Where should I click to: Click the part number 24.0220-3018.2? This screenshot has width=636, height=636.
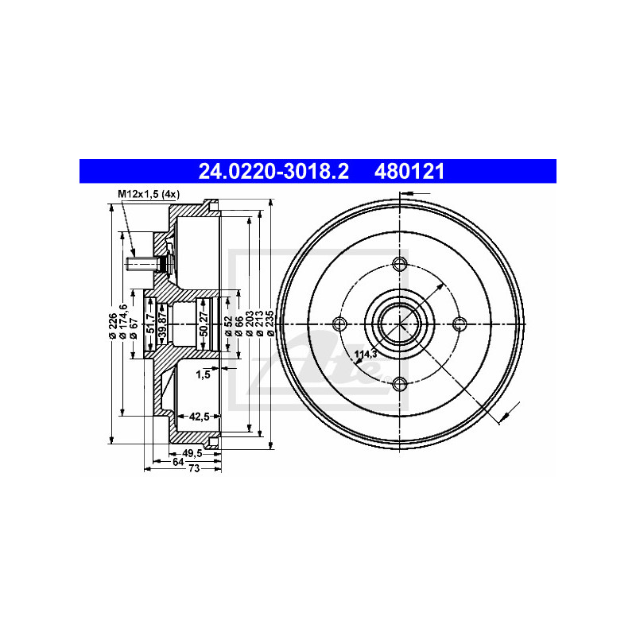coord(273,172)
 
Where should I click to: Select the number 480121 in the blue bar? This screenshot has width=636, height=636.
coord(409,172)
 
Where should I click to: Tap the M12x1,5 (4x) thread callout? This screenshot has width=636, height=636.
coord(149,194)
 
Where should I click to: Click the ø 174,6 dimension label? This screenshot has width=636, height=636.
coord(123,321)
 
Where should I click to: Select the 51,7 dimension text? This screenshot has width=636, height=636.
coord(150,324)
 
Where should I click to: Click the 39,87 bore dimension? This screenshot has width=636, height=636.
coord(162,324)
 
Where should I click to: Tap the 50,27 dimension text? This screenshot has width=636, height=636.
coord(204,324)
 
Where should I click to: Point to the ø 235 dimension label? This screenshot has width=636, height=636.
coord(270,324)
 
